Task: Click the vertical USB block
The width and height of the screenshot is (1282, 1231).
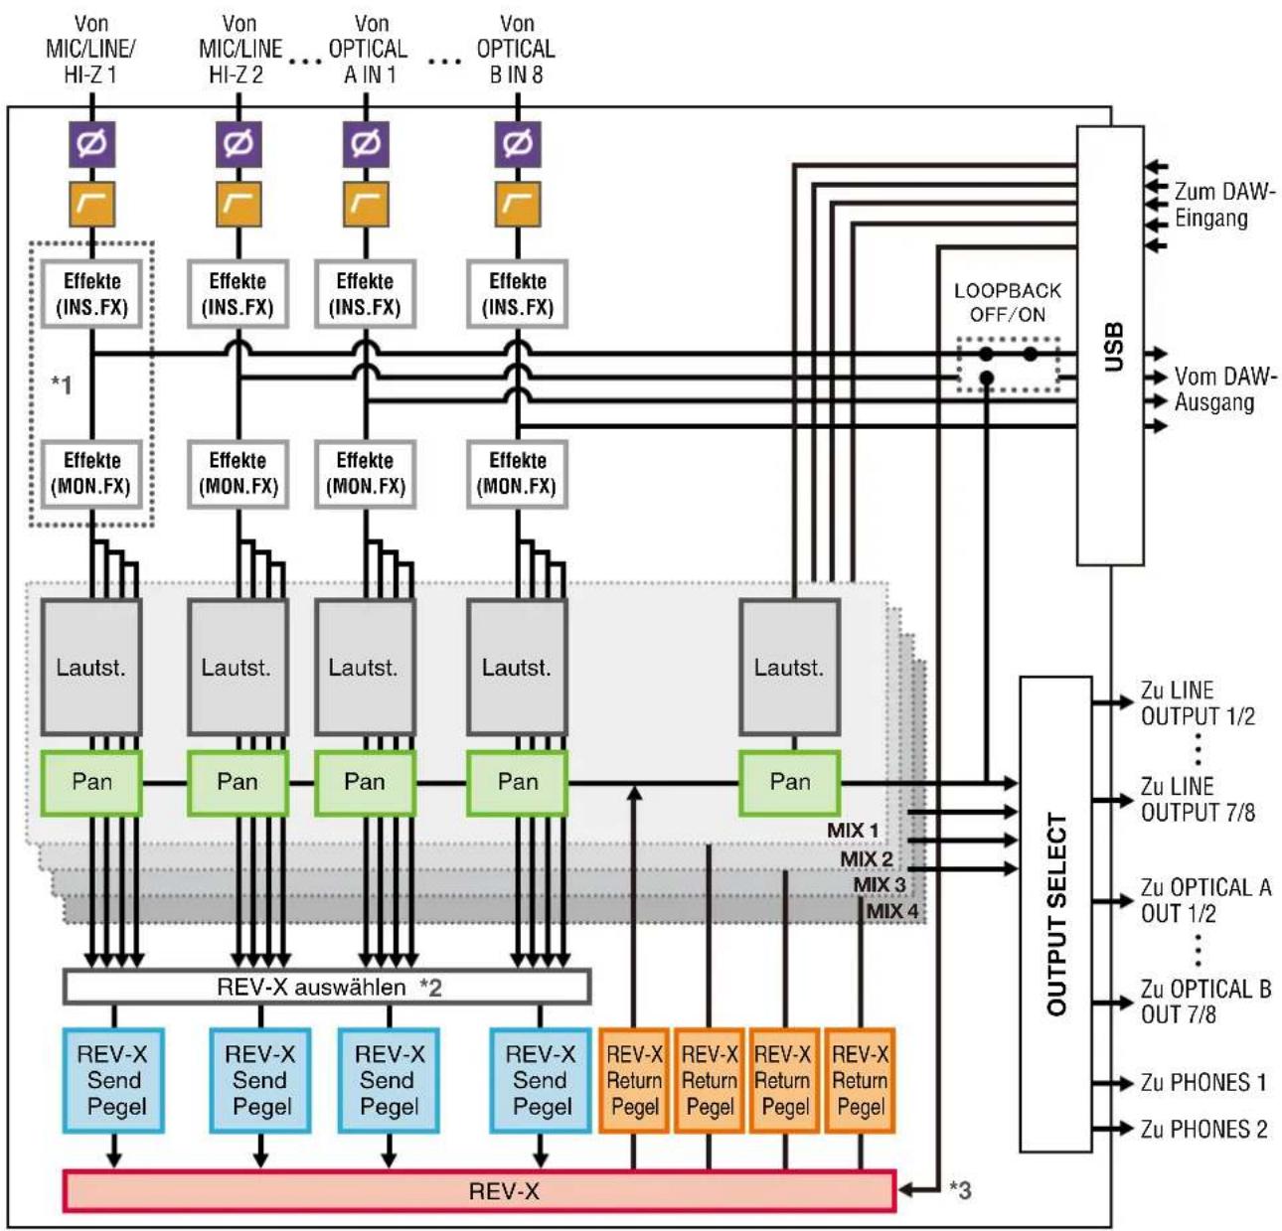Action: click(x=1110, y=346)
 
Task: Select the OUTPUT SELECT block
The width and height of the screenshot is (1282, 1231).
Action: click(x=1055, y=915)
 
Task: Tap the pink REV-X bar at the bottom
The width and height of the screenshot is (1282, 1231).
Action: click(x=480, y=1191)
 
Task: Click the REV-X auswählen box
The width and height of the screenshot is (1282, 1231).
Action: click(x=327, y=987)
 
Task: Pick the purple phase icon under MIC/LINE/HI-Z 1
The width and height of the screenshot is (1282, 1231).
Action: click(x=92, y=144)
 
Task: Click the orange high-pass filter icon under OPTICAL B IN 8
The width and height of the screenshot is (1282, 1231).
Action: click(x=518, y=205)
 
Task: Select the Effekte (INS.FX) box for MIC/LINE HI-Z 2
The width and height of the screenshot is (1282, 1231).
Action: click(x=238, y=294)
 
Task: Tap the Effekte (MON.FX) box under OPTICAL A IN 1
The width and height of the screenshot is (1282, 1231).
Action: click(x=365, y=474)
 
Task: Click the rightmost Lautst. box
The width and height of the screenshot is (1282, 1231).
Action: click(x=789, y=667)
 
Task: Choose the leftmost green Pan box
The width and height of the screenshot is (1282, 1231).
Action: click(x=91, y=783)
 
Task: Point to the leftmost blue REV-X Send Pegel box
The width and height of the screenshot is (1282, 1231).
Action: click(x=113, y=1080)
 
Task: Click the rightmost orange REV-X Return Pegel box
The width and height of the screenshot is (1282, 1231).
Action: click(x=860, y=1080)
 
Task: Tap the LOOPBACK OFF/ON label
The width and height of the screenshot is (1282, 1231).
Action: click(x=1008, y=302)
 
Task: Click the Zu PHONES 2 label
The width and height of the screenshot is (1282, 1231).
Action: click(x=1203, y=1129)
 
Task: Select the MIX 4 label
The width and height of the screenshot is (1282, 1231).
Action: click(x=891, y=911)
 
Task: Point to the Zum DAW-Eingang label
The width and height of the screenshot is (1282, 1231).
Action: click(x=1224, y=205)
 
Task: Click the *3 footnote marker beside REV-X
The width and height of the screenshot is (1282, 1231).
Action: click(x=960, y=1189)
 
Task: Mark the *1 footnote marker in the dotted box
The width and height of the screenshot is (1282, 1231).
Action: click(x=62, y=384)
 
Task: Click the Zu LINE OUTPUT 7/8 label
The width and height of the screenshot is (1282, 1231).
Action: click(x=1198, y=799)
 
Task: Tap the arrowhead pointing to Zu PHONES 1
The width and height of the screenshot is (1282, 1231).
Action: click(x=1124, y=1082)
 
